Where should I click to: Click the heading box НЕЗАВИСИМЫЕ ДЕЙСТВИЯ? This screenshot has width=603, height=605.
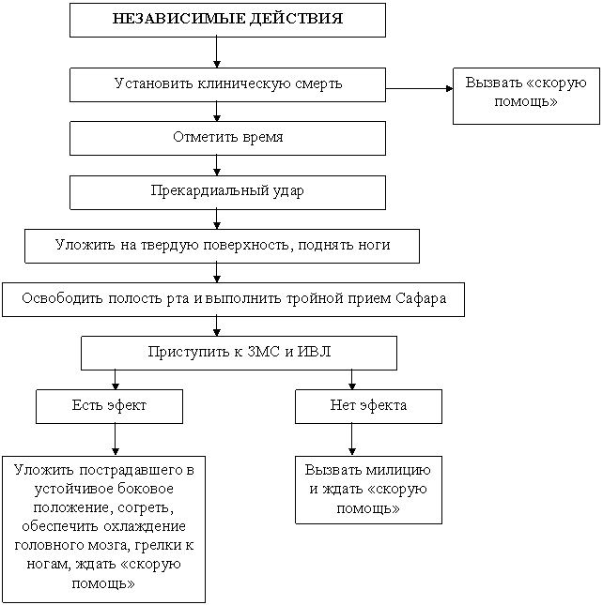[x=227, y=20]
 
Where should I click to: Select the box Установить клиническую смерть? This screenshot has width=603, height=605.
[x=227, y=84]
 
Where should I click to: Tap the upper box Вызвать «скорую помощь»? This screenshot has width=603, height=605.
[x=526, y=96]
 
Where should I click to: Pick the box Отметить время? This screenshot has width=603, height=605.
[x=227, y=139]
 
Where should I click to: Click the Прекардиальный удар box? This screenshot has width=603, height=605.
[x=227, y=192]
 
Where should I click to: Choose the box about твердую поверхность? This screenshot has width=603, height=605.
[x=222, y=246]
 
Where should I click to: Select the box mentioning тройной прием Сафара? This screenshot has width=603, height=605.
[x=233, y=300]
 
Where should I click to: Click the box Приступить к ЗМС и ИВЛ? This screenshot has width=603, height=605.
[x=239, y=353]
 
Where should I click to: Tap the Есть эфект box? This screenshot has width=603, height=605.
[x=109, y=406]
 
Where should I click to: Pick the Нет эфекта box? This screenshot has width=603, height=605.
[x=368, y=406]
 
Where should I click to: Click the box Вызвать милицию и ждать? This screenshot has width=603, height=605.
[x=368, y=490]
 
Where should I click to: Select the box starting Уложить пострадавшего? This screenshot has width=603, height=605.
[x=103, y=529]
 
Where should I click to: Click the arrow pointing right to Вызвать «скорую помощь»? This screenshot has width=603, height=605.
[x=419, y=88]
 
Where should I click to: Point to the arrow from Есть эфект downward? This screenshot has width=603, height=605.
[x=116, y=440]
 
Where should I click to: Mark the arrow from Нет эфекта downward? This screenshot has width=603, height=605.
[x=351, y=440]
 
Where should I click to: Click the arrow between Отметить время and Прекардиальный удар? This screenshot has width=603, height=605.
[x=217, y=165]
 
